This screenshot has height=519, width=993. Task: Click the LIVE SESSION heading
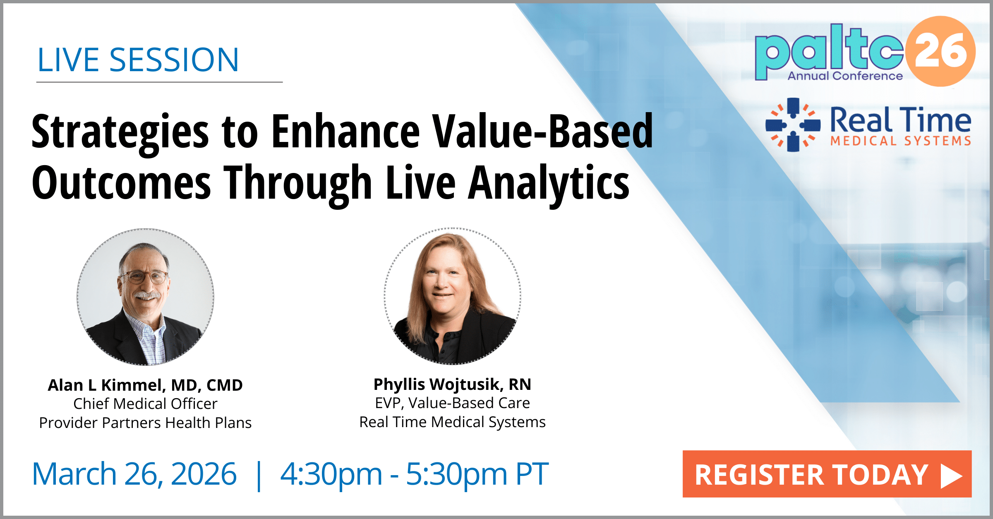coord(138,60)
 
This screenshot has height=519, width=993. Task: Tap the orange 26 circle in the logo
coord(940,51)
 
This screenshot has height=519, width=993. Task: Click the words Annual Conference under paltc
coord(845,76)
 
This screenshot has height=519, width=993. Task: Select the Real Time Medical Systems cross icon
coord(793,125)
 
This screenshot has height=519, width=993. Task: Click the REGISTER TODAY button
coord(827,474)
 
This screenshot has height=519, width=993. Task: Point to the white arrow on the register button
coord(951,476)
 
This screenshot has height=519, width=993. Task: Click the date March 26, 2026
coord(134,474)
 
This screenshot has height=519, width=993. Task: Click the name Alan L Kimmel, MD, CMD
coord(145,385)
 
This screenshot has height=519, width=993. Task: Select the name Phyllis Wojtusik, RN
coord(452,384)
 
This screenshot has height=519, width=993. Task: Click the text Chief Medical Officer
coord(145,404)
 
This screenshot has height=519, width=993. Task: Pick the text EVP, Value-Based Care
coord(452,403)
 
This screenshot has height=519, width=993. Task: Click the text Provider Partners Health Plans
coord(145,423)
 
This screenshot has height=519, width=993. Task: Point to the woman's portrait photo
coord(452,296)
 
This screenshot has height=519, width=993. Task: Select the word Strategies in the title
coord(120,132)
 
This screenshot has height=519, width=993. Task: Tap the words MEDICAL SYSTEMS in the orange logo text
coord(901,141)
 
